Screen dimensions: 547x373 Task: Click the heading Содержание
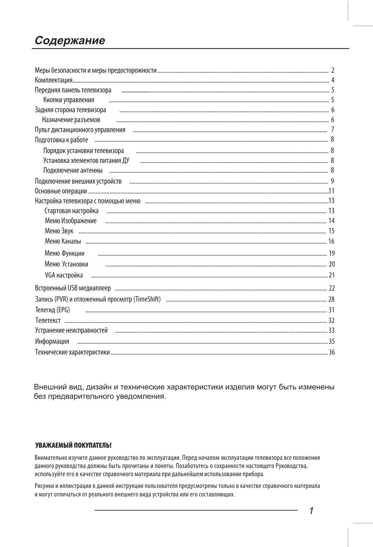tap(70, 40)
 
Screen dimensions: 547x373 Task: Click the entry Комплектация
tap(54, 80)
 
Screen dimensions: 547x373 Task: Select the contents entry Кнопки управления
tap(69, 100)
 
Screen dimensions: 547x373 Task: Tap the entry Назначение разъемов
tap(71, 120)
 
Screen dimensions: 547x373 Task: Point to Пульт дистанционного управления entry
tap(80, 130)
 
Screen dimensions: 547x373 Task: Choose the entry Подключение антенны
tap(73, 170)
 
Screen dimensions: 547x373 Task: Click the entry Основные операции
tap(61, 191)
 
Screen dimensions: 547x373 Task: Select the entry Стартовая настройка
tap(71, 211)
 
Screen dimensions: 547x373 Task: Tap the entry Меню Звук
tap(59, 231)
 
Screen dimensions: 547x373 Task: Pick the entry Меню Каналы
tap(63, 241)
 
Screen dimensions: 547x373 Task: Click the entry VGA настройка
tap(64, 275)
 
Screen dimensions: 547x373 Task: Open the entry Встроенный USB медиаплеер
tap(73, 288)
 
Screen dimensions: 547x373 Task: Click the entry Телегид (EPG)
tap(52, 310)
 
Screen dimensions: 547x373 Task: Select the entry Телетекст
tap(48, 321)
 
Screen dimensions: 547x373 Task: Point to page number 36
tap(331, 352)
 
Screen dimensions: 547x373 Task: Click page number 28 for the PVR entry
tap(331, 299)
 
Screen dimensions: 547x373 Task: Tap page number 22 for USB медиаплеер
tap(331, 288)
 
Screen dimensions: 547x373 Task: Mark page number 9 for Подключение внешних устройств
tap(332, 181)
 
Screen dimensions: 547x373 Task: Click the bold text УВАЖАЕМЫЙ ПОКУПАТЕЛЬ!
tap(73, 445)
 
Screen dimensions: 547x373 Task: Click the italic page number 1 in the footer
tap(311, 511)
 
